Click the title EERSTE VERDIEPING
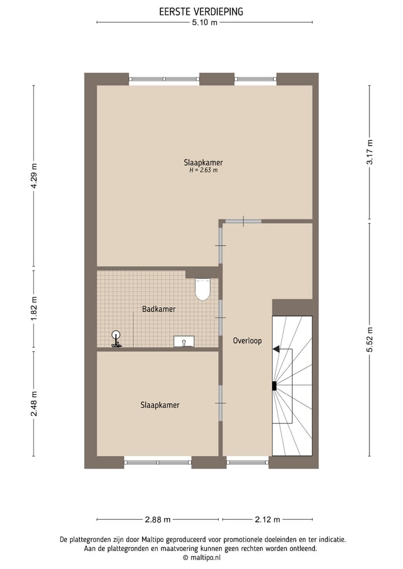coord(201,11)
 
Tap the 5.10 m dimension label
coord(204,22)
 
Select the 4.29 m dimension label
coord(34,177)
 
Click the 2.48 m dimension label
coord(34,402)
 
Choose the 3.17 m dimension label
coord(369,152)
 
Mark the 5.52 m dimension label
coord(369,339)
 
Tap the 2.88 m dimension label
coord(158,519)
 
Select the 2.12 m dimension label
coord(268,519)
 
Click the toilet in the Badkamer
coord(203,289)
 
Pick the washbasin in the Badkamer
coord(184,341)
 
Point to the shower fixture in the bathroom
coord(116,339)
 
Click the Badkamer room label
coord(158,309)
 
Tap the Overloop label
coord(247,340)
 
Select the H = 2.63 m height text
coord(203,170)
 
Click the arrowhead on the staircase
coord(276,349)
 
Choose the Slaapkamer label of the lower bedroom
coord(160,405)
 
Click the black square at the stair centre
coord(274,385)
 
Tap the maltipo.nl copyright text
coord(201,557)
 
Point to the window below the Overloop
coord(247,462)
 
